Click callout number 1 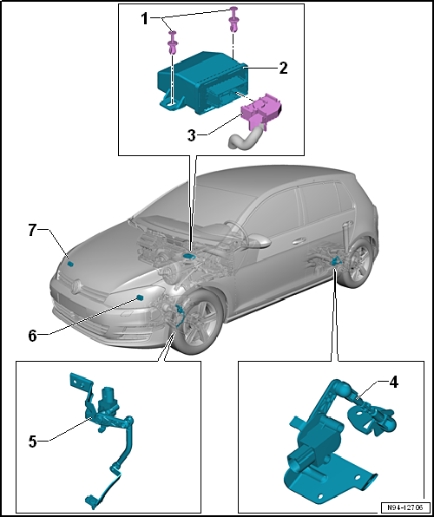[145, 19]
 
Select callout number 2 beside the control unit [283, 68]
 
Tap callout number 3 [192, 135]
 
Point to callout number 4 [394, 383]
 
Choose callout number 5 [32, 442]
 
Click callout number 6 [32, 336]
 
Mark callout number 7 [32, 231]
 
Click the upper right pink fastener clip [233, 19]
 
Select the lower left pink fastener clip [173, 43]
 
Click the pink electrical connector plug [261, 109]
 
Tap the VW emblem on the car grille [76, 285]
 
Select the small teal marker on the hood [70, 263]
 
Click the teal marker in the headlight [140, 298]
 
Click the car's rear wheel [359, 263]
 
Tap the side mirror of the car [259, 242]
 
